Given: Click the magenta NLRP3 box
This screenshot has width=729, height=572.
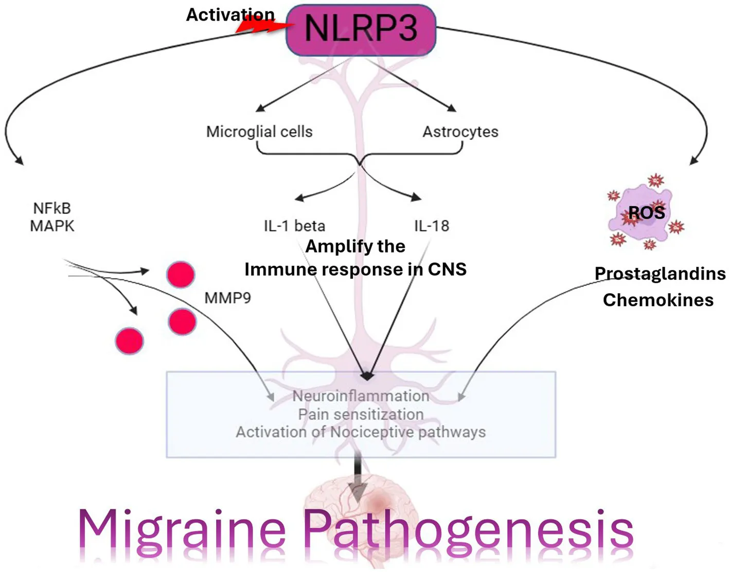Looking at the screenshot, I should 361,29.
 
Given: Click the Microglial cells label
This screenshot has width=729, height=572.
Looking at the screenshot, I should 259,132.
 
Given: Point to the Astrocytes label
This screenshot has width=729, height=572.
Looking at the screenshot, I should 460,132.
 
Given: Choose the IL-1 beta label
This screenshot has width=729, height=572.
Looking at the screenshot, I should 294,226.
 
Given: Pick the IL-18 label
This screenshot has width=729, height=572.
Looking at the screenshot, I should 432,226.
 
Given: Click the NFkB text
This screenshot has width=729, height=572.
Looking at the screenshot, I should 52,208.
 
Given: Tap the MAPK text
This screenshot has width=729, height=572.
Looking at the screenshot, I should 52,226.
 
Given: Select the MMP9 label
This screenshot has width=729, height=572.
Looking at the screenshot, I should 227,298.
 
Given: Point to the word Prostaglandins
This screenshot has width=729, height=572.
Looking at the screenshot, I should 660,273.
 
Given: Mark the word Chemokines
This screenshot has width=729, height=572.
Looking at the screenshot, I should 658,300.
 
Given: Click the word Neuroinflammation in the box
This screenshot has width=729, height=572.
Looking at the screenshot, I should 361,396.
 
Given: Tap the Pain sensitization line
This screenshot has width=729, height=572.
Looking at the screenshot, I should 361,414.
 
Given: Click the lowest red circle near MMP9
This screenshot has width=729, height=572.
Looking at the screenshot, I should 129,341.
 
